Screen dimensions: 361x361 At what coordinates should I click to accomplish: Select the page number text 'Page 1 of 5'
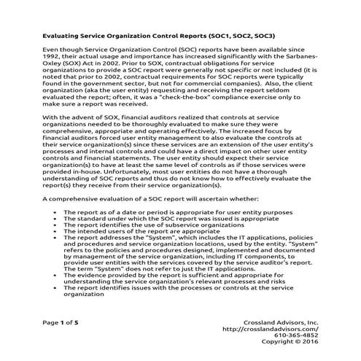(60, 341)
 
